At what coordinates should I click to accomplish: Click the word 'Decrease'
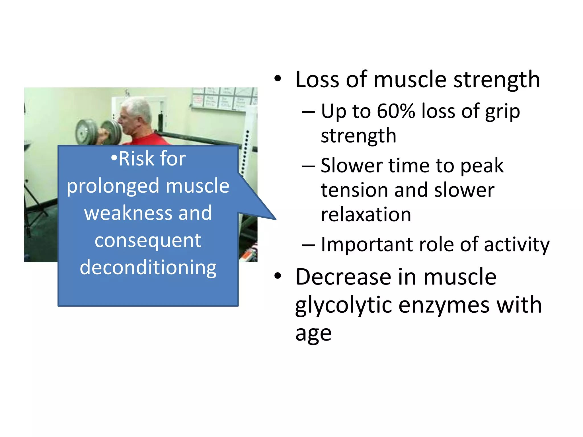pyautogui.click(x=343, y=277)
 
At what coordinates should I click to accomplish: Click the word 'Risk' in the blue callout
pyautogui.click(x=136, y=158)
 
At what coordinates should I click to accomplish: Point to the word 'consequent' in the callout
pyautogui.click(x=148, y=241)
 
